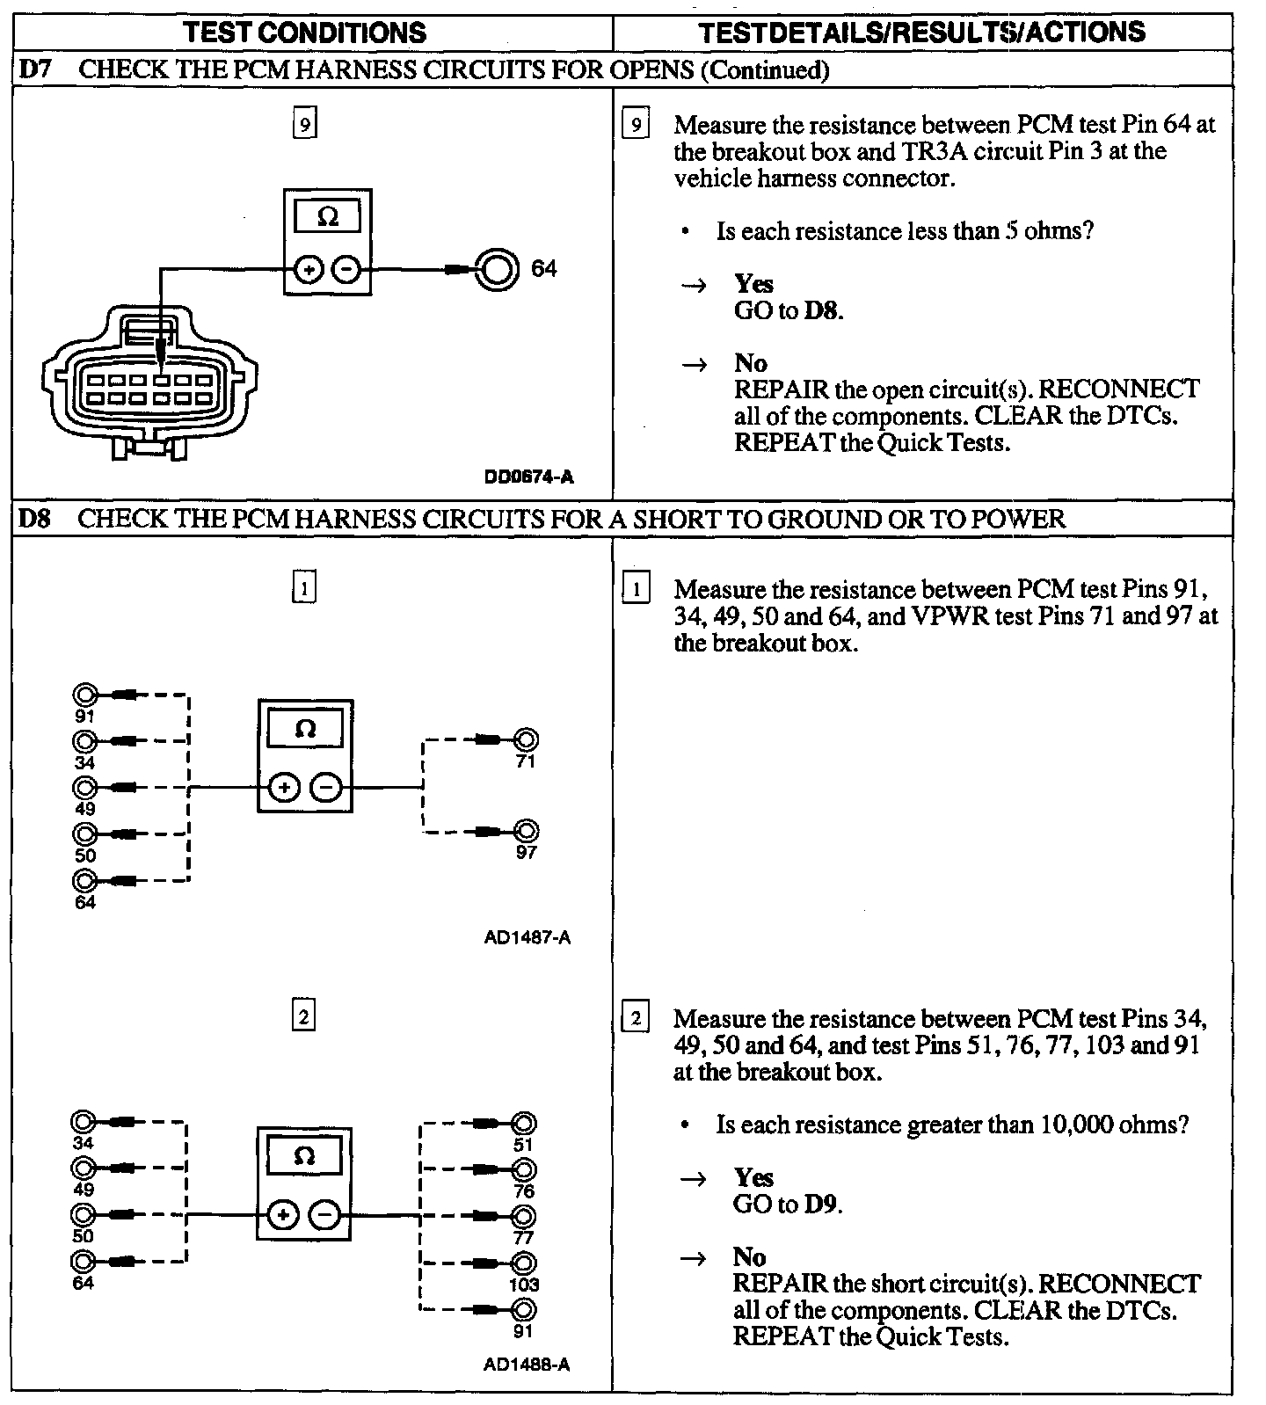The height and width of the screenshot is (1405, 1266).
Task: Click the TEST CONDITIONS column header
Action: [305, 33]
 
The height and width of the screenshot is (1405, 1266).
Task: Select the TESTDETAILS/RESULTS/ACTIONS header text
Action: [922, 33]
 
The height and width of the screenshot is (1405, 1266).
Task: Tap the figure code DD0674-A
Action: [528, 477]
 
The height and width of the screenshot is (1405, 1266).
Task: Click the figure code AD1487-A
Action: [527, 937]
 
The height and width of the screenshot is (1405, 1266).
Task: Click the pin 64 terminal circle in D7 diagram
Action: [496, 268]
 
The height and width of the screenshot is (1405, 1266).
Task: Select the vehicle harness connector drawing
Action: [150, 379]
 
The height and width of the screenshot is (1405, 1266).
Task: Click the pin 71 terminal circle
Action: [526, 740]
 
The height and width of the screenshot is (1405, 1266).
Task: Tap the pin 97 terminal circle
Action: [526, 831]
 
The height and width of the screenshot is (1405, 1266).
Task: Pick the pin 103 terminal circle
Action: [524, 1263]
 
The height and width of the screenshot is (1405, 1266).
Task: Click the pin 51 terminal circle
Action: [524, 1124]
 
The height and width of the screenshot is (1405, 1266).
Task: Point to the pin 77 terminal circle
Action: [524, 1216]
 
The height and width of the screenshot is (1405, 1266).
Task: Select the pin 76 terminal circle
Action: [524, 1170]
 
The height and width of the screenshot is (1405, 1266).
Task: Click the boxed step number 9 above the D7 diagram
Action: [304, 124]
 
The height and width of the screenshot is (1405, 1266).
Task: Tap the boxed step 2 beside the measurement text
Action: [635, 1019]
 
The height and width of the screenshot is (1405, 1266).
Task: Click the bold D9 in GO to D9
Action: [822, 1204]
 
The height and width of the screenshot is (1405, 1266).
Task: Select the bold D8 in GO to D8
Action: [823, 310]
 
